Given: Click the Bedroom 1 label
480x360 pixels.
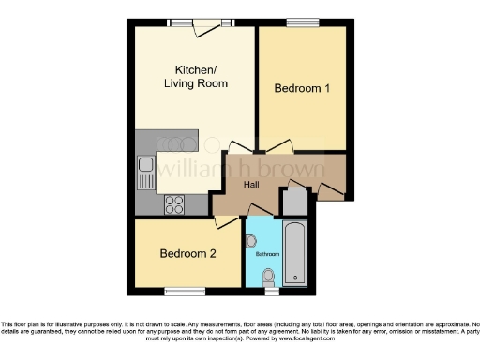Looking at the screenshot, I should (x=302, y=89).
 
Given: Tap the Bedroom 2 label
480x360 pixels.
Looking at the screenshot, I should (x=187, y=254).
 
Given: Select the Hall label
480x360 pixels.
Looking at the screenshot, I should (x=252, y=185).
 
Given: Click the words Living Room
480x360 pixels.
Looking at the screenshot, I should (x=196, y=84).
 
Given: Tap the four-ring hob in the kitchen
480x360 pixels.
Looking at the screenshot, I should (x=175, y=202).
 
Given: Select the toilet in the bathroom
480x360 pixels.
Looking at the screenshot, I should (x=269, y=276).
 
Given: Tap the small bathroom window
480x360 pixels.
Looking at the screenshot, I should (x=271, y=290).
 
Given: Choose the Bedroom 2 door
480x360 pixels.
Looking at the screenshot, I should (x=226, y=221).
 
